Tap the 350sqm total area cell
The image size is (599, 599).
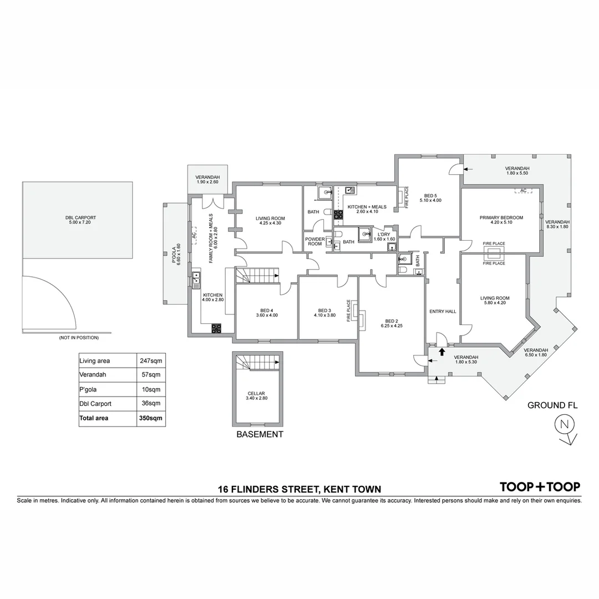tap(151, 418)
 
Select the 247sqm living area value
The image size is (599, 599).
tap(151, 361)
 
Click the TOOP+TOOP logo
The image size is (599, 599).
tap(540, 487)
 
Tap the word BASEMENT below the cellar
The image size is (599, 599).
tap(260, 434)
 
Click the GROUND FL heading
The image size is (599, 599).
tap(552, 405)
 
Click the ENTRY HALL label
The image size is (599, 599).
tap(443, 311)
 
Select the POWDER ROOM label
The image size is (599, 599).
tap(315, 241)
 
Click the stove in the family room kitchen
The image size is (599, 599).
tap(216, 328)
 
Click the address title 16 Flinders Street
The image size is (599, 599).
tap(299, 489)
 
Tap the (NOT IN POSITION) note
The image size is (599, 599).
tap(79, 338)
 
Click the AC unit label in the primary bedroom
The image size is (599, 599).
tap(523, 191)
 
